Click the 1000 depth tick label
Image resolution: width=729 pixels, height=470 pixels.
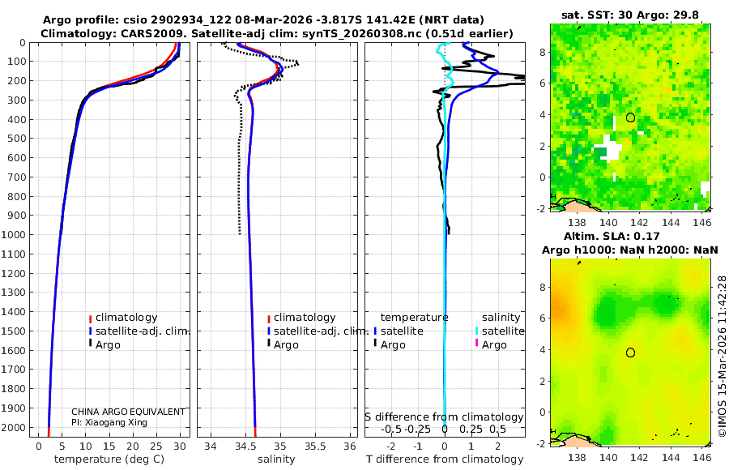(14, 235)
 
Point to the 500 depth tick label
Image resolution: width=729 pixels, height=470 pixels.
(16, 139)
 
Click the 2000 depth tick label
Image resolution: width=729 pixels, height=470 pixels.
(14, 428)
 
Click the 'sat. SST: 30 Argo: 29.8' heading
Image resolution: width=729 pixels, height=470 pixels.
(629, 15)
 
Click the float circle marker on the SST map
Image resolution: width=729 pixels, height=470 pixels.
(630, 117)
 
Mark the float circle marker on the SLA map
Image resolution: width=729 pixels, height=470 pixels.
(630, 352)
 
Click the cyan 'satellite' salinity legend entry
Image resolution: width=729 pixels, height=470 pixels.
(502, 331)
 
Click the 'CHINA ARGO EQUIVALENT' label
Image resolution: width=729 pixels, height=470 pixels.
(128, 412)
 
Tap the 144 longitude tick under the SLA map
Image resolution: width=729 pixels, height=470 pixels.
(669, 457)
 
